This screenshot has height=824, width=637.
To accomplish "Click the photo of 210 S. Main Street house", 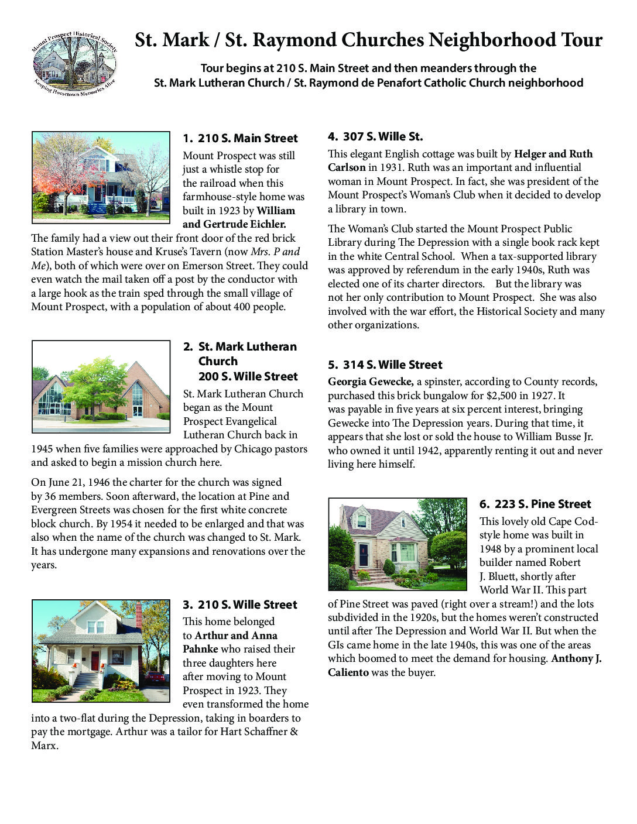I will coord(100,177).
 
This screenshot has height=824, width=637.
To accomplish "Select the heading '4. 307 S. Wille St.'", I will coord(375,136).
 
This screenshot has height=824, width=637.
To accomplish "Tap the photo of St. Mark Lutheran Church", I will coord(100,387).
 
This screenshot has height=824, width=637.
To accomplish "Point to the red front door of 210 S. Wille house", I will coord(95,661).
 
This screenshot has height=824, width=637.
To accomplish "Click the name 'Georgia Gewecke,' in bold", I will coord(371,382).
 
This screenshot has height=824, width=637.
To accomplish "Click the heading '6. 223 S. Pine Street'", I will coord(535,504).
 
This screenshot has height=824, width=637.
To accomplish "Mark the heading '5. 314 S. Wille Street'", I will coord(385,365).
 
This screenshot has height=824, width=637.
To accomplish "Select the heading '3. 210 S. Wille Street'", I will coord(240,605).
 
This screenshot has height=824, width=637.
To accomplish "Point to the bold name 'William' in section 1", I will coord(276,211).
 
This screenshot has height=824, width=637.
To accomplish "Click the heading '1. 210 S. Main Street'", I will coord(240,138).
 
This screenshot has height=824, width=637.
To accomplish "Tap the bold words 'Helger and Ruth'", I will coord(553,154).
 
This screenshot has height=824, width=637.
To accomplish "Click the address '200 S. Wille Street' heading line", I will coord(248,376).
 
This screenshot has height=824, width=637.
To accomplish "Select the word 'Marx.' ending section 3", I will coord(44,746).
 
